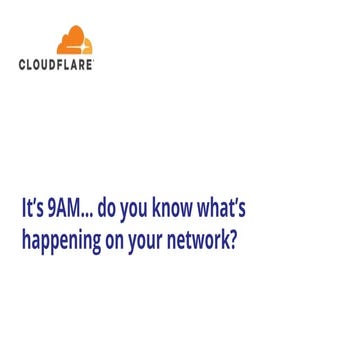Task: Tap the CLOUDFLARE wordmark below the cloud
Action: click(x=57, y=64)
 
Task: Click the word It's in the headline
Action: click(x=34, y=211)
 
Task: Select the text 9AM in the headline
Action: click(x=64, y=211)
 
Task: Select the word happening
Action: click(x=60, y=241)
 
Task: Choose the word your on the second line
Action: click(x=149, y=242)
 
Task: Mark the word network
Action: click(x=200, y=240)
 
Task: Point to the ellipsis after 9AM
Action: click(x=87, y=218)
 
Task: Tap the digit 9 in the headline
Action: click(x=52, y=211)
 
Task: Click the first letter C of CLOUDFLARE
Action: click(x=23, y=64)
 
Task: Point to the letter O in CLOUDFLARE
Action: click(x=35, y=64)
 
